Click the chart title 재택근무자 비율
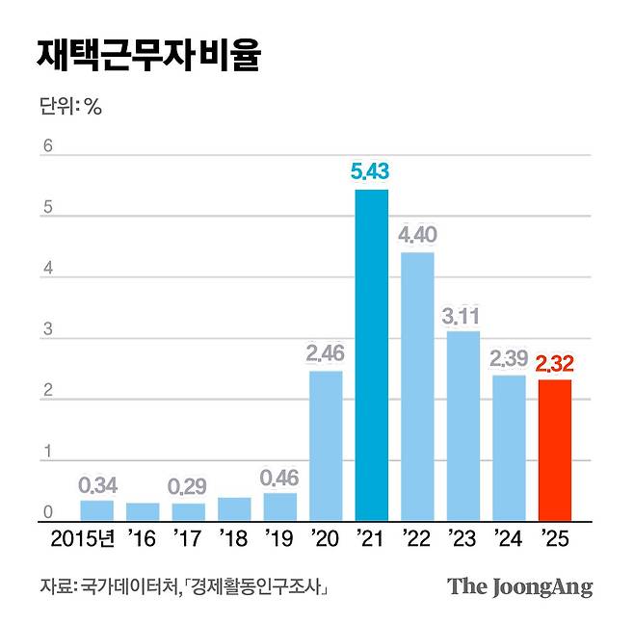pyautogui.click(x=146, y=56)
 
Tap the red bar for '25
pyautogui.click(x=554, y=450)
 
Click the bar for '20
pyautogui.click(x=326, y=445)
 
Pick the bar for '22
pyautogui.click(x=417, y=385)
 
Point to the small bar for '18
pyautogui.click(x=234, y=508)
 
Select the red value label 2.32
pyautogui.click(x=554, y=363)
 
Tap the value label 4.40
pyautogui.click(x=417, y=235)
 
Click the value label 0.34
pyautogui.click(x=96, y=484)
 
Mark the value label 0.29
pyautogui.click(x=188, y=487)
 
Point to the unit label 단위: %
pyautogui.click(x=69, y=106)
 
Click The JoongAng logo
pyautogui.click(x=519, y=586)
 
